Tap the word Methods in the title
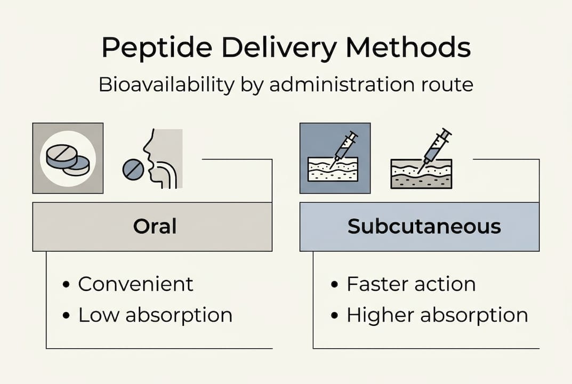coord(408,49)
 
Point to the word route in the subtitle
coord(446,85)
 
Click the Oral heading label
coord(155,227)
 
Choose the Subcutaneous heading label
coord(424,227)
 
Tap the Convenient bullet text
coord(135,284)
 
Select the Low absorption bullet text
coord(155,315)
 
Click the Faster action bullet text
coord(411,284)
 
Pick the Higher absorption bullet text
coord(437,315)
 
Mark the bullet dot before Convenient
coord(66,284)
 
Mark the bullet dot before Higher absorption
coord(335,316)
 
